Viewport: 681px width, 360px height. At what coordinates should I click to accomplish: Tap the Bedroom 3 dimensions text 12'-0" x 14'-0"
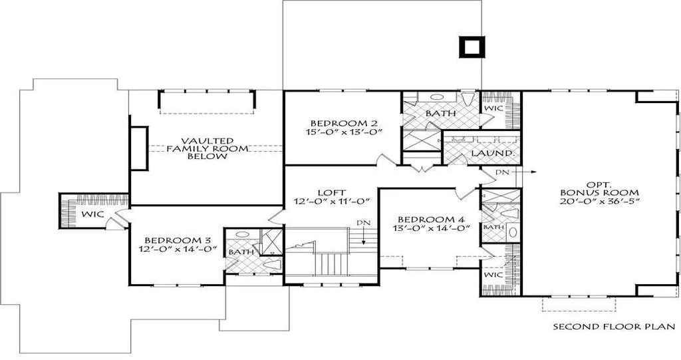click(x=178, y=249)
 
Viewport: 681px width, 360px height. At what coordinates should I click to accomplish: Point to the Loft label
click(x=331, y=192)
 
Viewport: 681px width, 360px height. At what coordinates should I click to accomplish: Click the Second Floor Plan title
click(x=614, y=326)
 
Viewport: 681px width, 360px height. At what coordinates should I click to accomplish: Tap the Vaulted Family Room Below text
click(x=207, y=148)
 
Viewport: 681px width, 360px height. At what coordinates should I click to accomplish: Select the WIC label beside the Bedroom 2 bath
click(x=494, y=108)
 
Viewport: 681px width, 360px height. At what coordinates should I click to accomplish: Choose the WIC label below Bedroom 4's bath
click(x=493, y=275)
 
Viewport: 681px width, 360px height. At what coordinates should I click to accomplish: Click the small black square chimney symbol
click(x=472, y=47)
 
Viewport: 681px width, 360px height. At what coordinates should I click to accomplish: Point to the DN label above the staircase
click(x=363, y=223)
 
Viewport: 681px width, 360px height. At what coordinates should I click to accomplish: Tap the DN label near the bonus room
click(x=501, y=172)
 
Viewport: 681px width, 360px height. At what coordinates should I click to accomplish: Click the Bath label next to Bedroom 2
click(x=441, y=114)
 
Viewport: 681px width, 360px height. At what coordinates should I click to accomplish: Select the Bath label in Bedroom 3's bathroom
click(x=241, y=252)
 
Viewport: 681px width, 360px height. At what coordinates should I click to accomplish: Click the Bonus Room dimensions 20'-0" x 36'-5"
click(x=599, y=201)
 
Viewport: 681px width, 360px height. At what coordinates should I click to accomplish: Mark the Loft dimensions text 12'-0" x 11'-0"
click(x=331, y=201)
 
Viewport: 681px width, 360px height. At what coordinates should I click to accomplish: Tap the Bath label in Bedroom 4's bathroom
click(x=494, y=227)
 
